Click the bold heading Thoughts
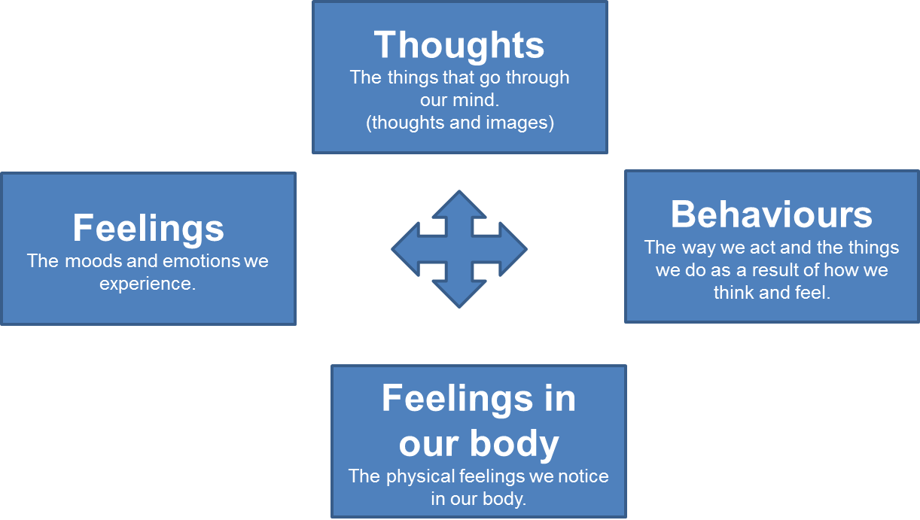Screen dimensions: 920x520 coord(459,45)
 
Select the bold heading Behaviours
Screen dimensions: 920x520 coord(772,214)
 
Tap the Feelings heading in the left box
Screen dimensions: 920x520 coord(148,229)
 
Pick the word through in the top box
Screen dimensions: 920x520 coord(538,78)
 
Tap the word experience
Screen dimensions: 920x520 coord(148,284)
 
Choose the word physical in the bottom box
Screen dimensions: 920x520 coord(421,477)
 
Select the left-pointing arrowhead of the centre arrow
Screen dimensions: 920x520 coord(405,249)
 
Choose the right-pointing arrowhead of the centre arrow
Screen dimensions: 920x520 coord(513,249)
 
